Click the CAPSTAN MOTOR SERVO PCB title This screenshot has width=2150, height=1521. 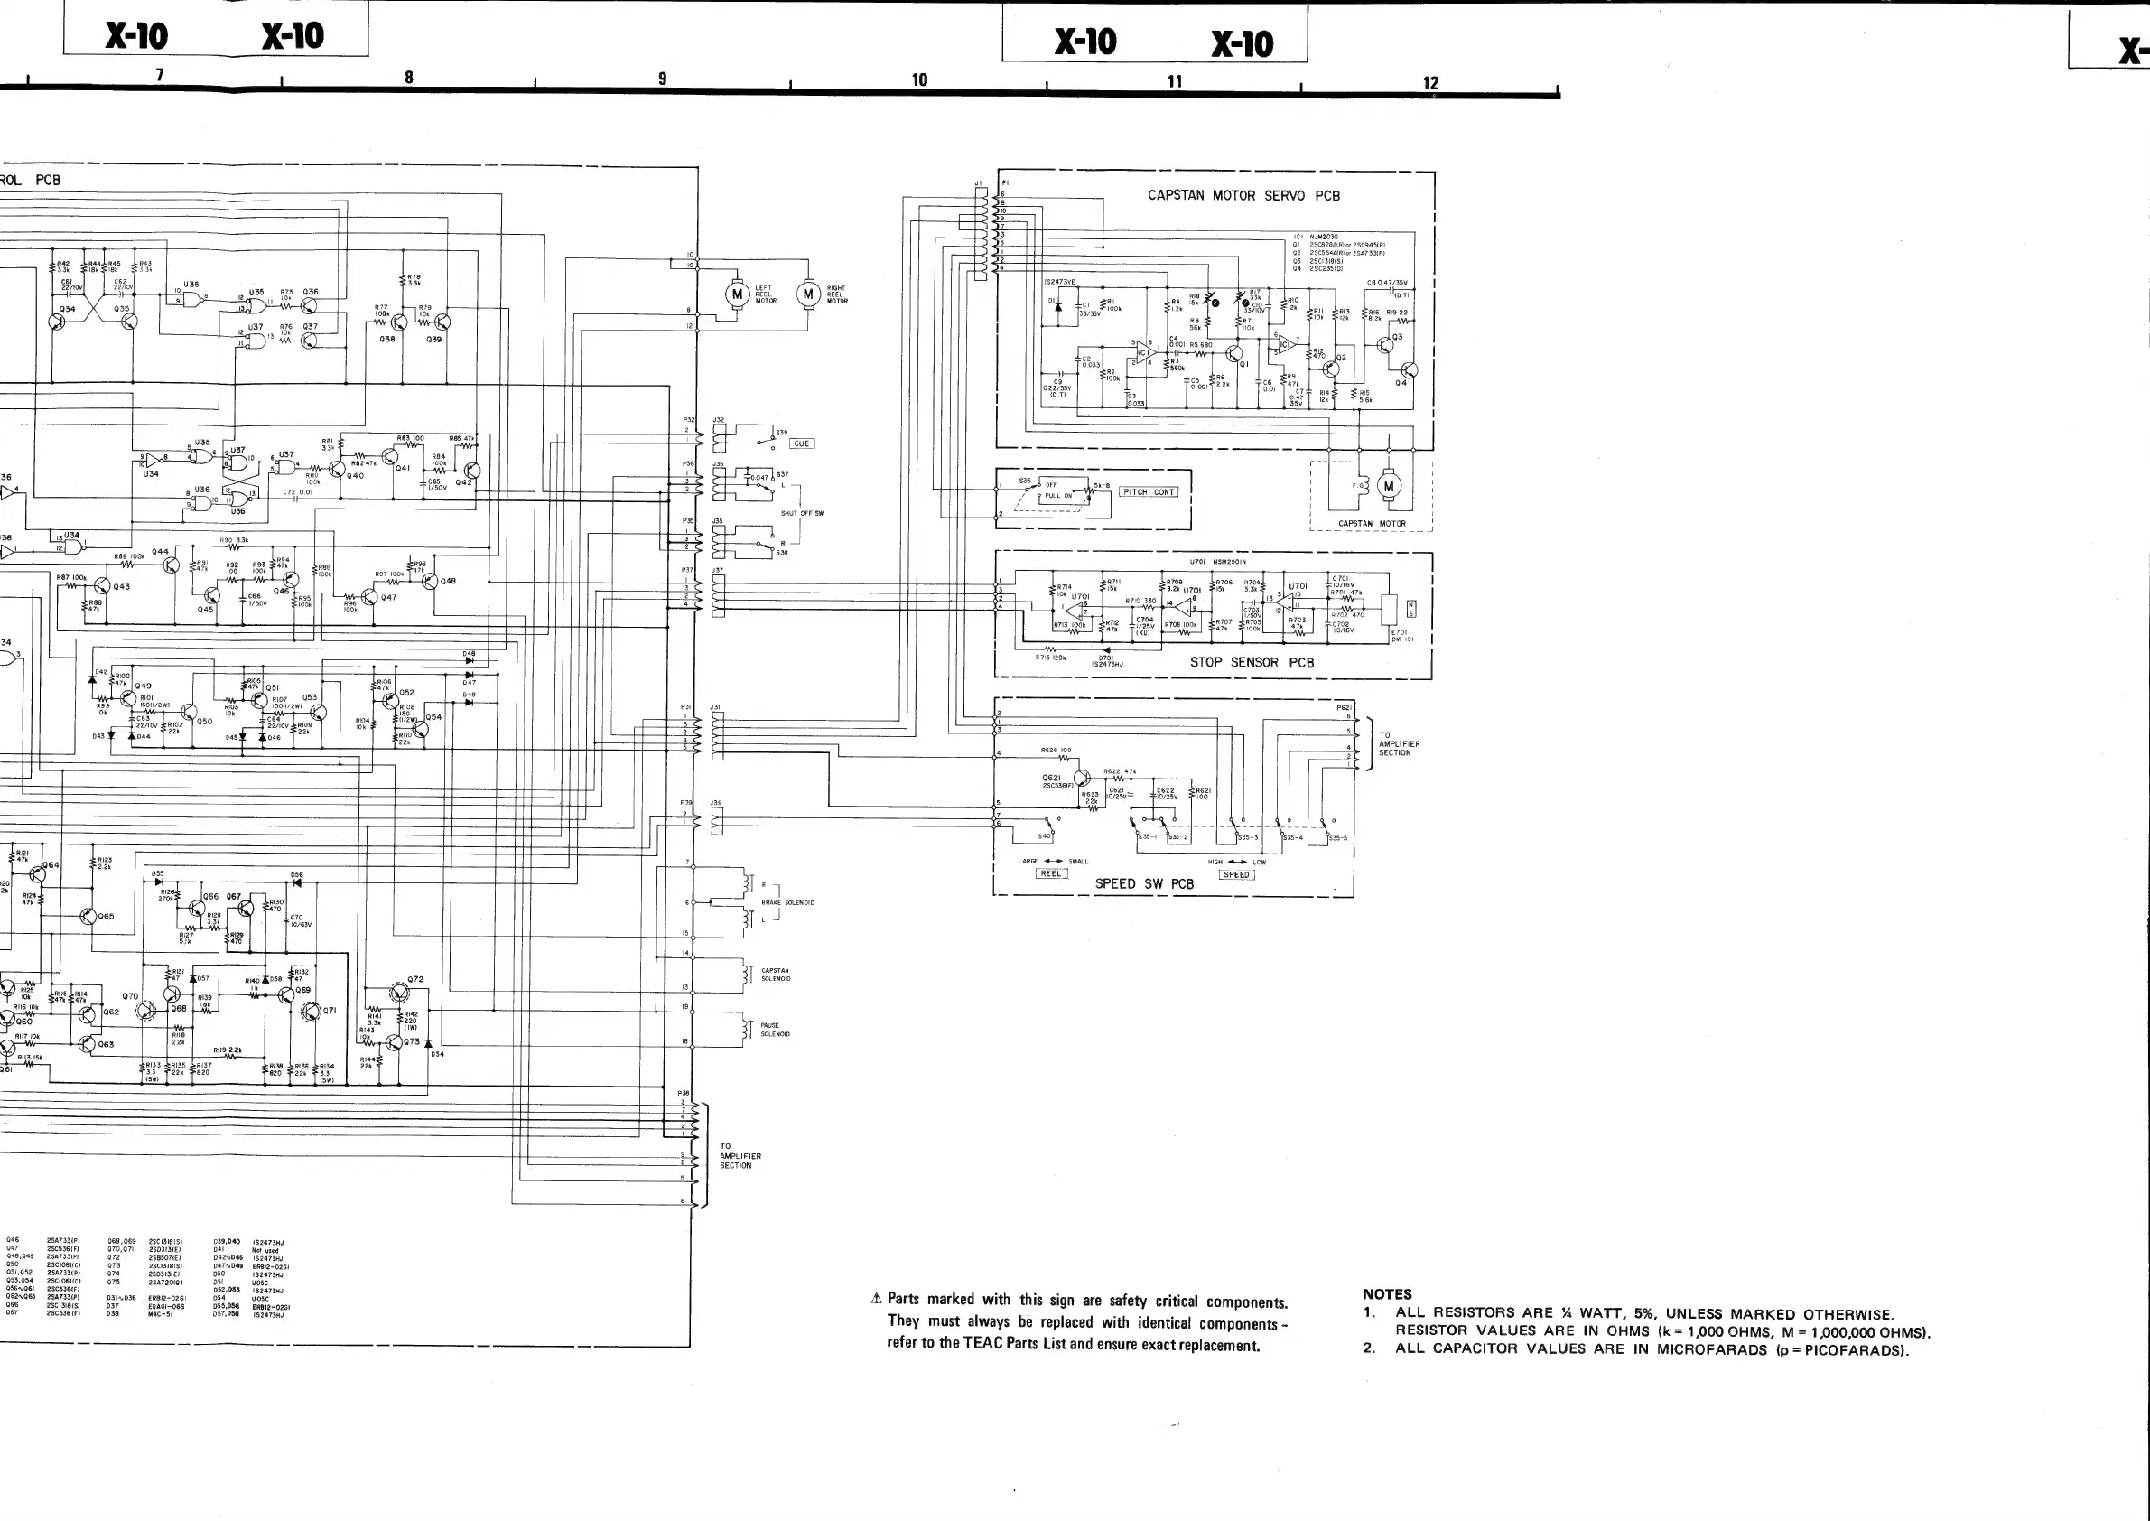(x=1243, y=196)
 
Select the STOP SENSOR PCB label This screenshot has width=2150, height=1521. (x=1251, y=662)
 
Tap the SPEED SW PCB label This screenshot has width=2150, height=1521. (x=1144, y=883)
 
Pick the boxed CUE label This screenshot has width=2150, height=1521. (x=802, y=444)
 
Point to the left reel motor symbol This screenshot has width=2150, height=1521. (x=737, y=294)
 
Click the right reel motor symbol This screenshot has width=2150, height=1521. (x=808, y=294)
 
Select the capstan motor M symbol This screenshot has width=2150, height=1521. (x=1389, y=486)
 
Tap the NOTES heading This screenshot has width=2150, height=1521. (x=1387, y=1293)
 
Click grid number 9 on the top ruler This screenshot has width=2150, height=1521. (x=662, y=79)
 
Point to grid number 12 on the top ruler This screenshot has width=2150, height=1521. (x=1430, y=83)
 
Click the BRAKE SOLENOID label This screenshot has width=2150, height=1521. (x=787, y=903)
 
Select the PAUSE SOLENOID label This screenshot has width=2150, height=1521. (x=776, y=1030)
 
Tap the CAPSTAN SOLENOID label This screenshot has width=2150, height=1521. (x=776, y=975)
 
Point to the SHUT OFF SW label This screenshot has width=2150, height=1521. (x=803, y=513)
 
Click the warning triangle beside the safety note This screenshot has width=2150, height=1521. (x=877, y=1298)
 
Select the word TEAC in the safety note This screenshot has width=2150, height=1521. (x=983, y=1343)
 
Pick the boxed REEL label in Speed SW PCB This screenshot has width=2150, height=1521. (x=1051, y=873)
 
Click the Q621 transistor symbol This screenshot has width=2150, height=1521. (x=1083, y=779)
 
